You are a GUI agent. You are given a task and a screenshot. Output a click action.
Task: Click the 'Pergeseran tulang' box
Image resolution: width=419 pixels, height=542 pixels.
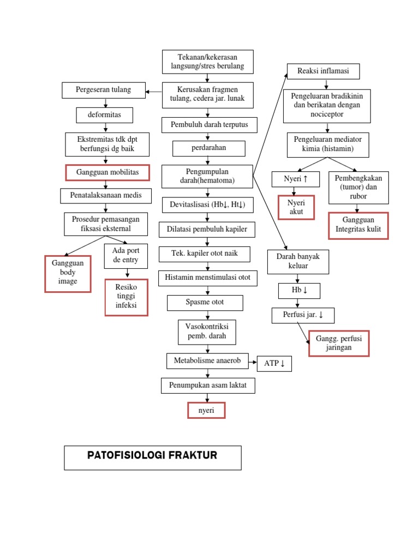pos(104,90)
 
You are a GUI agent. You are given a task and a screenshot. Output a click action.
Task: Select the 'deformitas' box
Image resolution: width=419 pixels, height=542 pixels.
pos(104,115)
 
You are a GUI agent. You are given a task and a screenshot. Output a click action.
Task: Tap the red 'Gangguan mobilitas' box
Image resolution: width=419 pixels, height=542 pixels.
pos(107,173)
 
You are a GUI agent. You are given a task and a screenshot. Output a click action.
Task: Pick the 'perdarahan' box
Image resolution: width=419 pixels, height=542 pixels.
pos(209,148)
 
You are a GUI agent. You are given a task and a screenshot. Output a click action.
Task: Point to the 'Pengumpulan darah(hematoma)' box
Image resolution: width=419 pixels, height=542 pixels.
pos(207,176)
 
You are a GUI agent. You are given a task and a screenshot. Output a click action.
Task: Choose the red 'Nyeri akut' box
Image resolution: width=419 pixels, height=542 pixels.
pos(296,207)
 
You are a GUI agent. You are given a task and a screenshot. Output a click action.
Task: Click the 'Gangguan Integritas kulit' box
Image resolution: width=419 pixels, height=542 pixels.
pos(358,225)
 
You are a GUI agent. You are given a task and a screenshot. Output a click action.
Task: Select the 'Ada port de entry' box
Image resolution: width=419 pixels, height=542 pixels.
pos(125,255)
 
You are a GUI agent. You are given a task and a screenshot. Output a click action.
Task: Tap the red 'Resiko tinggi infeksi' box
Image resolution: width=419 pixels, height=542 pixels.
pos(126,297)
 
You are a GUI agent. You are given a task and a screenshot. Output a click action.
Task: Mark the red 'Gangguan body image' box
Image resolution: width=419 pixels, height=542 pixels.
pos(68,273)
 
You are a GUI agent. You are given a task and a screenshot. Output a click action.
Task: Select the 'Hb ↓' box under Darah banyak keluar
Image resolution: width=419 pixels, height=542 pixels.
pos(299,291)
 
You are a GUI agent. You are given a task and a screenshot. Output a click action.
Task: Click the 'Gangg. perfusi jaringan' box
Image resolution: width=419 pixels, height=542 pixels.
pos(339,343)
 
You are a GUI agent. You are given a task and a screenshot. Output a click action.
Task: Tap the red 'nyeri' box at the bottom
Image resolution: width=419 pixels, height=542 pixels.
pos(206,411)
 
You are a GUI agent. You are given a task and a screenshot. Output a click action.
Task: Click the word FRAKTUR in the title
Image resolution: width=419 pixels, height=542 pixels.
pos(190,455)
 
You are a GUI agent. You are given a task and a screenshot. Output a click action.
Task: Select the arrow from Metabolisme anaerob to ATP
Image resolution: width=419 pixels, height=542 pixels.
pos(253,361)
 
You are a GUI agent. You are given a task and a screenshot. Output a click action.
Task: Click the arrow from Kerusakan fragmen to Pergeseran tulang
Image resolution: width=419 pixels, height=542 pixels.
pos(154,91)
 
